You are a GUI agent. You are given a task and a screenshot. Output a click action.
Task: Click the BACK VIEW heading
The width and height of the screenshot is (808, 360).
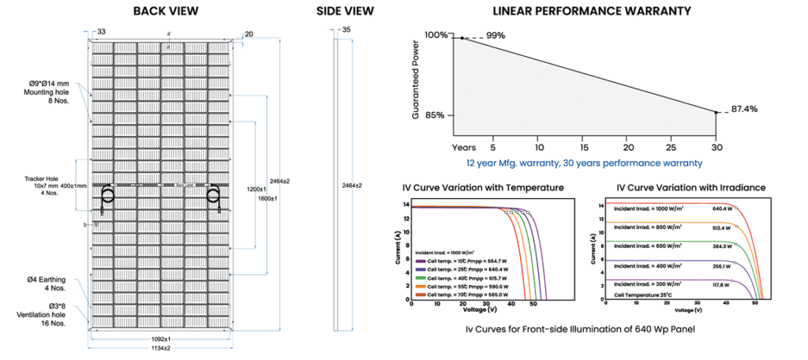166,11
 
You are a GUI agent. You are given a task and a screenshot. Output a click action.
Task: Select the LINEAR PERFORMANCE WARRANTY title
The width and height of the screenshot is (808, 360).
591,11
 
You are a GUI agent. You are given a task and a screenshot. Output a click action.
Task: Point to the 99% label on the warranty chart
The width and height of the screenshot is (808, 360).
496,36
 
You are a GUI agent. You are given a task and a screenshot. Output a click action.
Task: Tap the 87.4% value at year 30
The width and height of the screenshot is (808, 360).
744,108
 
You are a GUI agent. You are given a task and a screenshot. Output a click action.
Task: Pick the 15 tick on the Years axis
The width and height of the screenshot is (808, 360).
584,147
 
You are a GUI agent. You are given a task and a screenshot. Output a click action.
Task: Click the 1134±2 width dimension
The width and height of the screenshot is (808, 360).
162,348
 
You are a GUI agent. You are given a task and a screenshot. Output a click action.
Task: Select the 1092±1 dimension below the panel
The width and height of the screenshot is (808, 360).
161,339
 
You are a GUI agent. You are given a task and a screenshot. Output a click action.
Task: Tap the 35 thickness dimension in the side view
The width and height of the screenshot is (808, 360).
346,30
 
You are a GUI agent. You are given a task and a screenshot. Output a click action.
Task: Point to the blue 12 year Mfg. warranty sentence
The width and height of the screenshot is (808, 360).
583,163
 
